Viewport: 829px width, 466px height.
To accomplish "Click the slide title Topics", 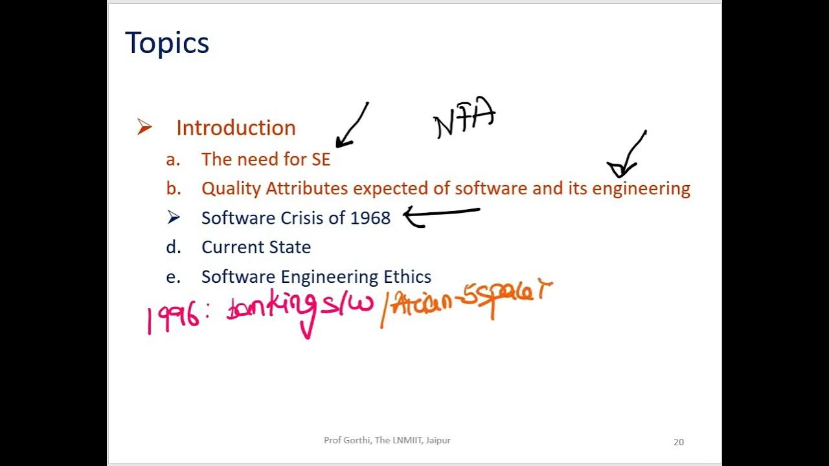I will [167, 43].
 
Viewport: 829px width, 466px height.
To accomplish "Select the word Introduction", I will [236, 128].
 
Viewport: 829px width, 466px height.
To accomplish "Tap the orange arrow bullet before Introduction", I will [144, 128].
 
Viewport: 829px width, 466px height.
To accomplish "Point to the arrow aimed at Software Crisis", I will [442, 215].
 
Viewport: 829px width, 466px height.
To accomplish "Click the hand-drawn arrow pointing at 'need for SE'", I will [352, 126].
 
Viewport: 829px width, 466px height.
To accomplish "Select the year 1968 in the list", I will [370, 218].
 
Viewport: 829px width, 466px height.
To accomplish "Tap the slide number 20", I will [678, 442].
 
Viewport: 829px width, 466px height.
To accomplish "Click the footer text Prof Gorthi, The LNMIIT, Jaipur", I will [387, 440].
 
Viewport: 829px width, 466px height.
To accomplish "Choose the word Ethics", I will [407, 277].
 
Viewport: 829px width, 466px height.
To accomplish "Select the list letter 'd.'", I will [174, 247].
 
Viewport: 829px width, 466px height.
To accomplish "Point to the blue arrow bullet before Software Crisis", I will [173, 217].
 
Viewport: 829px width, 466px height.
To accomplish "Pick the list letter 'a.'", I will [173, 159].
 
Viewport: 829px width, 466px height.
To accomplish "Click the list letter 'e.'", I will [173, 277].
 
